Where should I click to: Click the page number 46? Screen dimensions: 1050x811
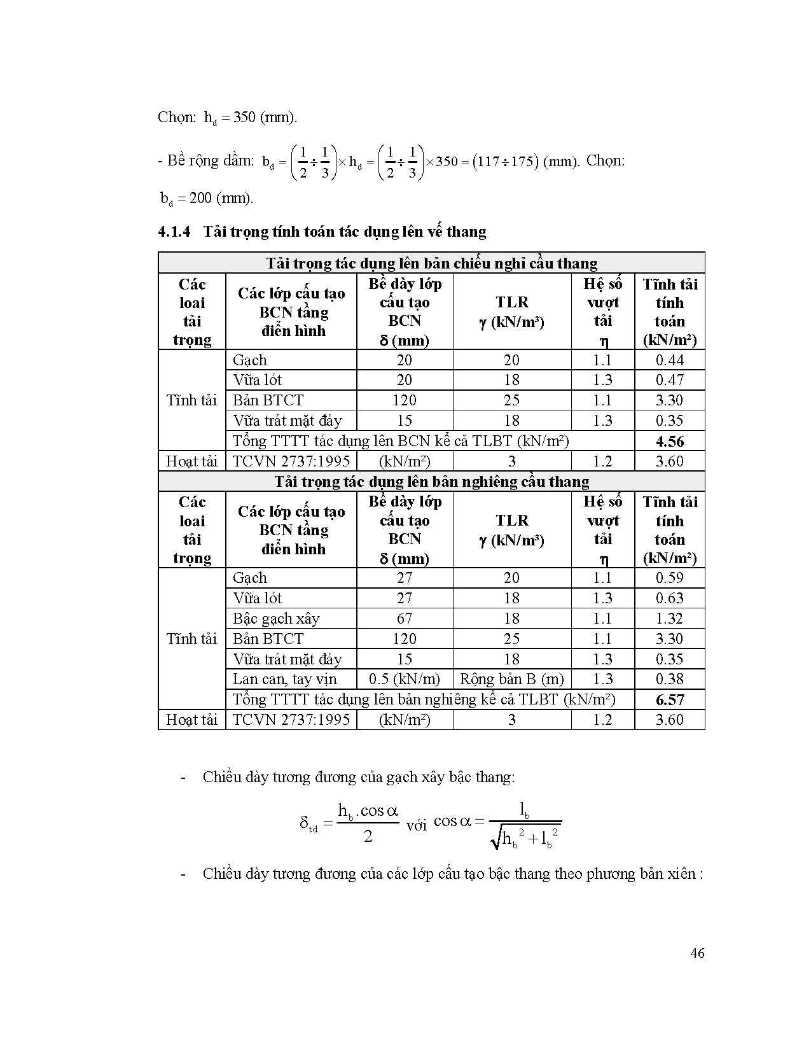click(x=697, y=953)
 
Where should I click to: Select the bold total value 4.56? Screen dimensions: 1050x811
click(x=670, y=441)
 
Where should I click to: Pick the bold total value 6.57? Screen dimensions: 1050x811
click(x=670, y=700)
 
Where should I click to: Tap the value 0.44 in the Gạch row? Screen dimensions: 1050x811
click(x=670, y=360)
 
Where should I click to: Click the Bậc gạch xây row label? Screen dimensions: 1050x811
click(x=276, y=619)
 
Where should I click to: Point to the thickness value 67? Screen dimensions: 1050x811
click(x=405, y=619)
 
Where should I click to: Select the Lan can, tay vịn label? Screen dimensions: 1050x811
click(x=285, y=680)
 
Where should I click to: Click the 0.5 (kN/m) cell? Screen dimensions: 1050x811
click(x=405, y=680)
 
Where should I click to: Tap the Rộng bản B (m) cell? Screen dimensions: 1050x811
click(x=511, y=680)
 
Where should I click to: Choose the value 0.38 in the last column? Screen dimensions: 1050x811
click(x=670, y=680)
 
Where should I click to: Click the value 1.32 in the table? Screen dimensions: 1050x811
click(x=670, y=619)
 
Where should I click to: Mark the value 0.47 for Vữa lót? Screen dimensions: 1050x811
click(x=670, y=380)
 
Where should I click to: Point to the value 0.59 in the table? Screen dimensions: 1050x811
click(x=670, y=578)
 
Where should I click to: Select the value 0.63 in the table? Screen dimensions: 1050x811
click(x=670, y=598)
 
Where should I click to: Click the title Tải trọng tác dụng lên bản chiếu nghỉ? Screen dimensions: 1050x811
click(x=431, y=263)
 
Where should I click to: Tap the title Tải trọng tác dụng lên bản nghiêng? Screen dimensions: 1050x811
click(x=431, y=482)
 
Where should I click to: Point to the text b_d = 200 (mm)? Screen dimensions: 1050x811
click(x=207, y=199)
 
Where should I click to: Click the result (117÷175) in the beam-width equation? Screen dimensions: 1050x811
click(x=506, y=162)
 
